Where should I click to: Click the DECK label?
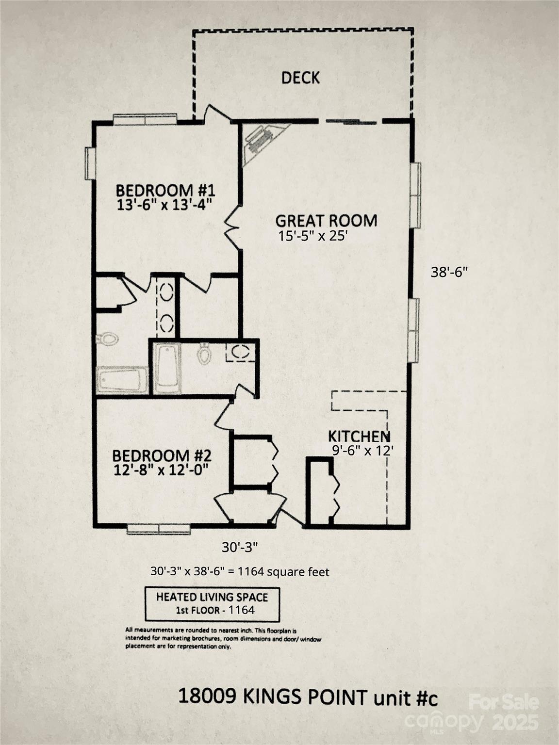coord(300,78)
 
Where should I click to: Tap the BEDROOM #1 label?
coord(165,189)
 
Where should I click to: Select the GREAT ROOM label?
coord(326,221)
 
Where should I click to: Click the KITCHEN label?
coord(359,436)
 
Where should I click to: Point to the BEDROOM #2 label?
coord(162,456)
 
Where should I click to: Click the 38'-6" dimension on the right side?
coord(449,272)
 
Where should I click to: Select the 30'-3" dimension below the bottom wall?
coord(239,547)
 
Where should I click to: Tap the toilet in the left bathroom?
coord(107,338)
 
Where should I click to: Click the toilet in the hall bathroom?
coord(204,354)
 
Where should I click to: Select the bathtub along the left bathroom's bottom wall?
coord(122,380)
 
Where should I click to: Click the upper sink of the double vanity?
coord(166,292)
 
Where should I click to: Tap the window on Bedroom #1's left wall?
coord(90,163)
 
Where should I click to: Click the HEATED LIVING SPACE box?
coord(212,604)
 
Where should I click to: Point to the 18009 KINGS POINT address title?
coord(308,697)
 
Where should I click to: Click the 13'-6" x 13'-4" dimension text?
coord(165,205)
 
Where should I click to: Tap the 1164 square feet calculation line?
coord(240,572)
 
